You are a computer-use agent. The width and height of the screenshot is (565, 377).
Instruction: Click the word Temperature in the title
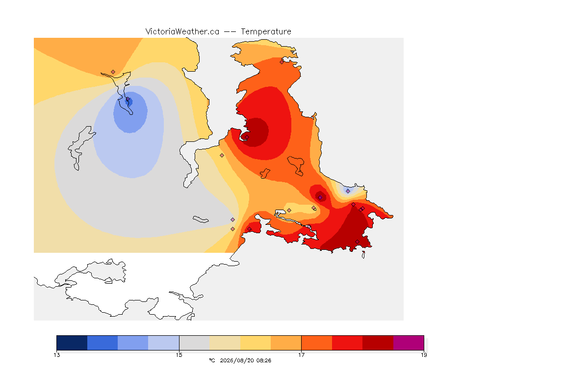[266, 32]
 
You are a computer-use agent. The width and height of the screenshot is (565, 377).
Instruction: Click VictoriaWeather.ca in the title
[182, 32]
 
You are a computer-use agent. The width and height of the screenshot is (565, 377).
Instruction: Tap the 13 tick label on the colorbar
[56, 355]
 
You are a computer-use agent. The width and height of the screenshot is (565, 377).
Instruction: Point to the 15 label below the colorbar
[179, 355]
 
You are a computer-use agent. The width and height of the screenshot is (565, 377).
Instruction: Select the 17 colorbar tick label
[301, 355]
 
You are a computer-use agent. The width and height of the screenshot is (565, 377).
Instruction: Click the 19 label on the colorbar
[424, 355]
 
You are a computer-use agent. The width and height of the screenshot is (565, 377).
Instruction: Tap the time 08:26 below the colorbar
[263, 360]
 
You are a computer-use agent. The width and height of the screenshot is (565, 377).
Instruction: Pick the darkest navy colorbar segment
[72, 343]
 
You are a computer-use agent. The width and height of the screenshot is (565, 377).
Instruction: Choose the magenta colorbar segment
[408, 343]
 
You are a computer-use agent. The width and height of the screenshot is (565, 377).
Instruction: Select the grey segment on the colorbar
[194, 343]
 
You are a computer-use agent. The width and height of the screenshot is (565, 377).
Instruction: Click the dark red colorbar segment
[378, 343]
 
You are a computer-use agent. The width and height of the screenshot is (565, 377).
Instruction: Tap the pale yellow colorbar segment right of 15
[225, 343]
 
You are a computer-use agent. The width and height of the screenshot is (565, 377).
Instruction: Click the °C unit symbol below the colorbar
[212, 360]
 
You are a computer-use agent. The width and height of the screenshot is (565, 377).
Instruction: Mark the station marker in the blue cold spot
[128, 99]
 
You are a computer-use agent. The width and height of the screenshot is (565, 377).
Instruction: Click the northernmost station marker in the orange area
[282, 62]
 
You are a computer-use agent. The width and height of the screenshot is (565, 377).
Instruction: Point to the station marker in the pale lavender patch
[348, 191]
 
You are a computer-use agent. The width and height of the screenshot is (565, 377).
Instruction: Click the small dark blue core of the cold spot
[129, 102]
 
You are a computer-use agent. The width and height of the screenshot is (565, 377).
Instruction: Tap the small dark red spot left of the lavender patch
[320, 197]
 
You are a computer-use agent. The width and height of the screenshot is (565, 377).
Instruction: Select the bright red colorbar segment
[347, 343]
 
